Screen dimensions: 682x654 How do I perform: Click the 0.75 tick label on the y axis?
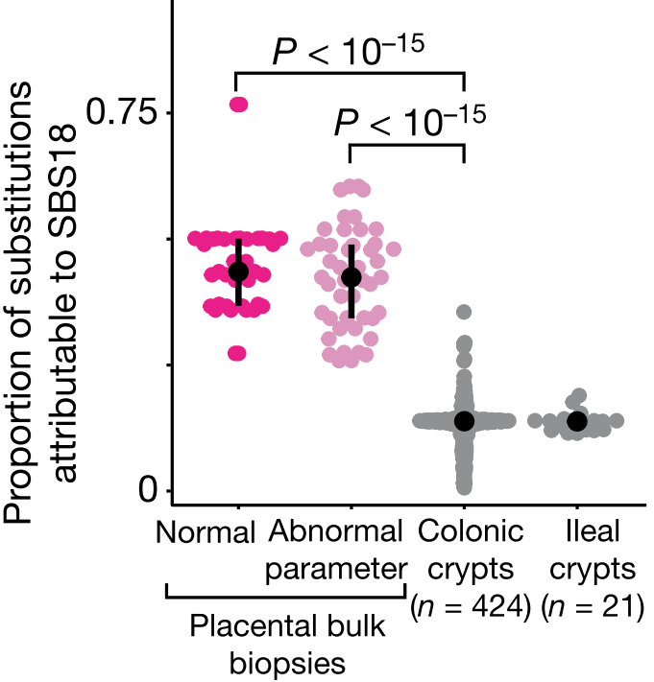(x=124, y=113)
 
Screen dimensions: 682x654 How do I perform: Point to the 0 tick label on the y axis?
(x=147, y=490)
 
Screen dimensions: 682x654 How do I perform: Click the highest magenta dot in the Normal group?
(x=238, y=105)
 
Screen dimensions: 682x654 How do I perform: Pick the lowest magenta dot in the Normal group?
(x=237, y=353)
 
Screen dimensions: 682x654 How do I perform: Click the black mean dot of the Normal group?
(x=238, y=271)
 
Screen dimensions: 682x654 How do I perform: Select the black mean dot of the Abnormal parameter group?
(x=351, y=277)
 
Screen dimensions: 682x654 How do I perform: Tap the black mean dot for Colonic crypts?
(x=464, y=420)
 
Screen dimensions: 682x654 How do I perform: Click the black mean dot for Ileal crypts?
(x=576, y=420)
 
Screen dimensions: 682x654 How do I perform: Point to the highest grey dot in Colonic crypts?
(x=464, y=312)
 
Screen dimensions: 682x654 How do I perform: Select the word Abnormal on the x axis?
(x=333, y=532)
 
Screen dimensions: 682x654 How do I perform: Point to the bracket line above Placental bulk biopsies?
(x=286, y=597)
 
